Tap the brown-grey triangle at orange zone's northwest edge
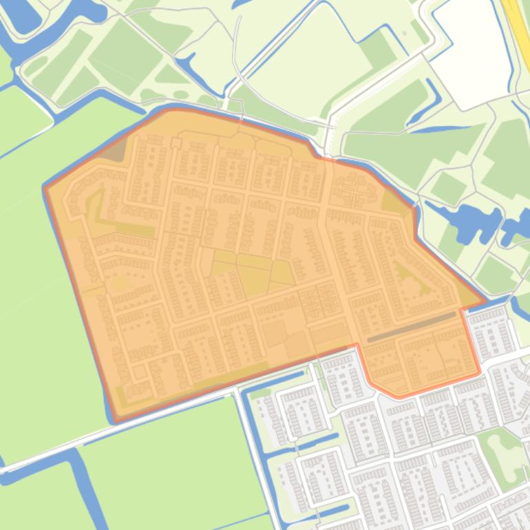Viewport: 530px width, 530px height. [x=115, y=151]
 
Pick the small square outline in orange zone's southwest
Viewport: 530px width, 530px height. [x=140, y=372]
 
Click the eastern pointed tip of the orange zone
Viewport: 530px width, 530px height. [x=484, y=301]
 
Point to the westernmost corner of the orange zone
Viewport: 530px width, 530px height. [x=46, y=187]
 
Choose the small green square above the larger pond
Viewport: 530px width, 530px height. [x=448, y=187]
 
